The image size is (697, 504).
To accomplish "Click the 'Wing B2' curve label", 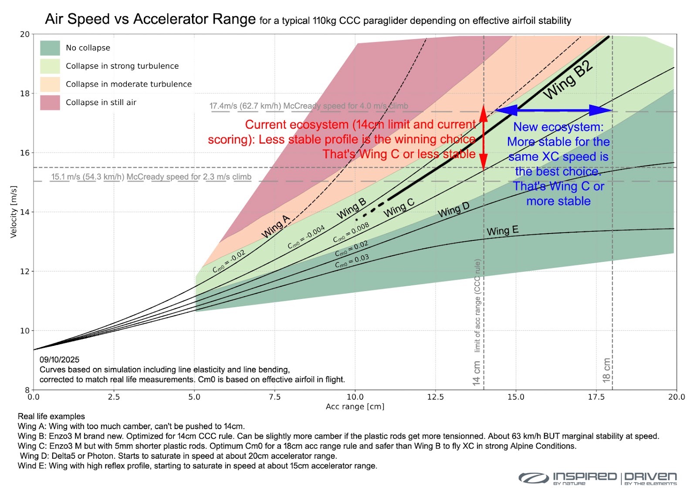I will pyautogui.click(x=568, y=80).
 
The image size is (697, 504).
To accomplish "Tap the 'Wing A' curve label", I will pyautogui.click(x=275, y=227).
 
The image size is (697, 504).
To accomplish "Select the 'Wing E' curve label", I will pyautogui.click(x=502, y=230).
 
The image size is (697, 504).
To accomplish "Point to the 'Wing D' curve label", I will pyautogui.click(x=453, y=210).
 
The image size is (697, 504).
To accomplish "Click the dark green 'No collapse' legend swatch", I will pyautogui.click(x=50, y=48).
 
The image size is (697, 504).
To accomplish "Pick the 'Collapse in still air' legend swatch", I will pyautogui.click(x=50, y=103).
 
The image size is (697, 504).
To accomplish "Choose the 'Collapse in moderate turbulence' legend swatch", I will pyautogui.click(x=50, y=85).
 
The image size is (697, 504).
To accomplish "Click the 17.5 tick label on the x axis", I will pyautogui.click(x=596, y=397).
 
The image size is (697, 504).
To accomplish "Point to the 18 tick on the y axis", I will pyautogui.click(x=24, y=94).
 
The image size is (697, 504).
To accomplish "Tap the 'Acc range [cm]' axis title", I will pyautogui.click(x=355, y=406).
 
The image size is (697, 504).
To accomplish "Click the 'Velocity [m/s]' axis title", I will pyautogui.click(x=14, y=212).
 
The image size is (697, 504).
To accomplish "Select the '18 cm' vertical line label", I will pyautogui.click(x=606, y=370).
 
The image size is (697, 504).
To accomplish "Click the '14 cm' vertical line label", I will pyautogui.click(x=477, y=373).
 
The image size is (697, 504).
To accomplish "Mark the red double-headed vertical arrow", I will pyautogui.click(x=484, y=138).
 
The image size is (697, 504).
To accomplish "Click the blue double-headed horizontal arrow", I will pyautogui.click(x=553, y=110).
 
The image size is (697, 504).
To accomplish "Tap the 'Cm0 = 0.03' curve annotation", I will pyautogui.click(x=352, y=261).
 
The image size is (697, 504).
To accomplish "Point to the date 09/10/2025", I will pyautogui.click(x=60, y=359).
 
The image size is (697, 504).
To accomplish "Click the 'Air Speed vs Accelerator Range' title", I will pyautogui.click(x=150, y=19).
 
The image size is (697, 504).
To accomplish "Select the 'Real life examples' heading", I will pyautogui.click(x=51, y=416).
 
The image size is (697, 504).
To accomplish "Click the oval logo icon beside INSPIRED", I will pyautogui.click(x=533, y=478).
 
